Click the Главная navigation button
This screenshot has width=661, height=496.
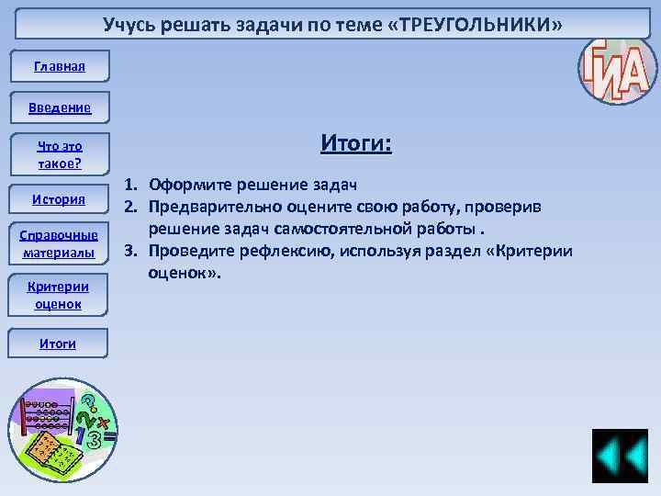(x=59, y=66)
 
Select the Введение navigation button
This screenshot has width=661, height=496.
(x=59, y=108)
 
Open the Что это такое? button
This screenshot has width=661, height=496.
(x=59, y=154)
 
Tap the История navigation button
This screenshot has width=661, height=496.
(x=59, y=199)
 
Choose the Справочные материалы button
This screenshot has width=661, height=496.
(x=59, y=243)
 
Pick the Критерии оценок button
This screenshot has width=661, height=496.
(x=59, y=295)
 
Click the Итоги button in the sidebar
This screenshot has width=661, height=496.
(x=58, y=344)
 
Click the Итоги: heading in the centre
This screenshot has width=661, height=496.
(x=356, y=143)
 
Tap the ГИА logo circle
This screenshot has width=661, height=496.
(x=618, y=65)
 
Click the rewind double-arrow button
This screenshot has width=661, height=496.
(x=620, y=457)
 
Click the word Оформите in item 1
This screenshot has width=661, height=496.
(x=191, y=185)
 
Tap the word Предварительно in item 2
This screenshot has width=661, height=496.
(x=215, y=208)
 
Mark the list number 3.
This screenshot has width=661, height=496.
(x=131, y=252)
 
